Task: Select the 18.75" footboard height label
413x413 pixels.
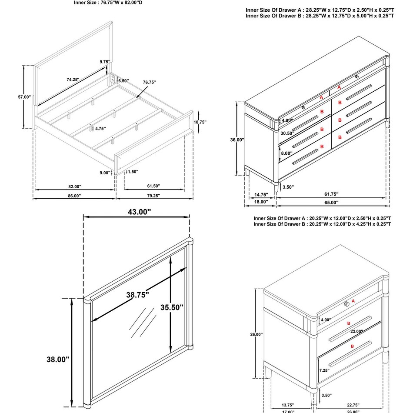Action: pos(200,123)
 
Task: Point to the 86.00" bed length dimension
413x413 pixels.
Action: pos(74,196)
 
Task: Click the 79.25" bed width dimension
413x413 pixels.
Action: pos(153,196)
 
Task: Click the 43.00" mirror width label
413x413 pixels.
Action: pos(136,212)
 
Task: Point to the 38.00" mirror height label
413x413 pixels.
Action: pos(58,360)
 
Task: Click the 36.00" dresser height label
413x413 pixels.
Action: pos(237,140)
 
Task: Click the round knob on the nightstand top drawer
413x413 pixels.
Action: pos(346,303)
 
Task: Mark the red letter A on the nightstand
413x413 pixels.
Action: pos(353,301)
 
